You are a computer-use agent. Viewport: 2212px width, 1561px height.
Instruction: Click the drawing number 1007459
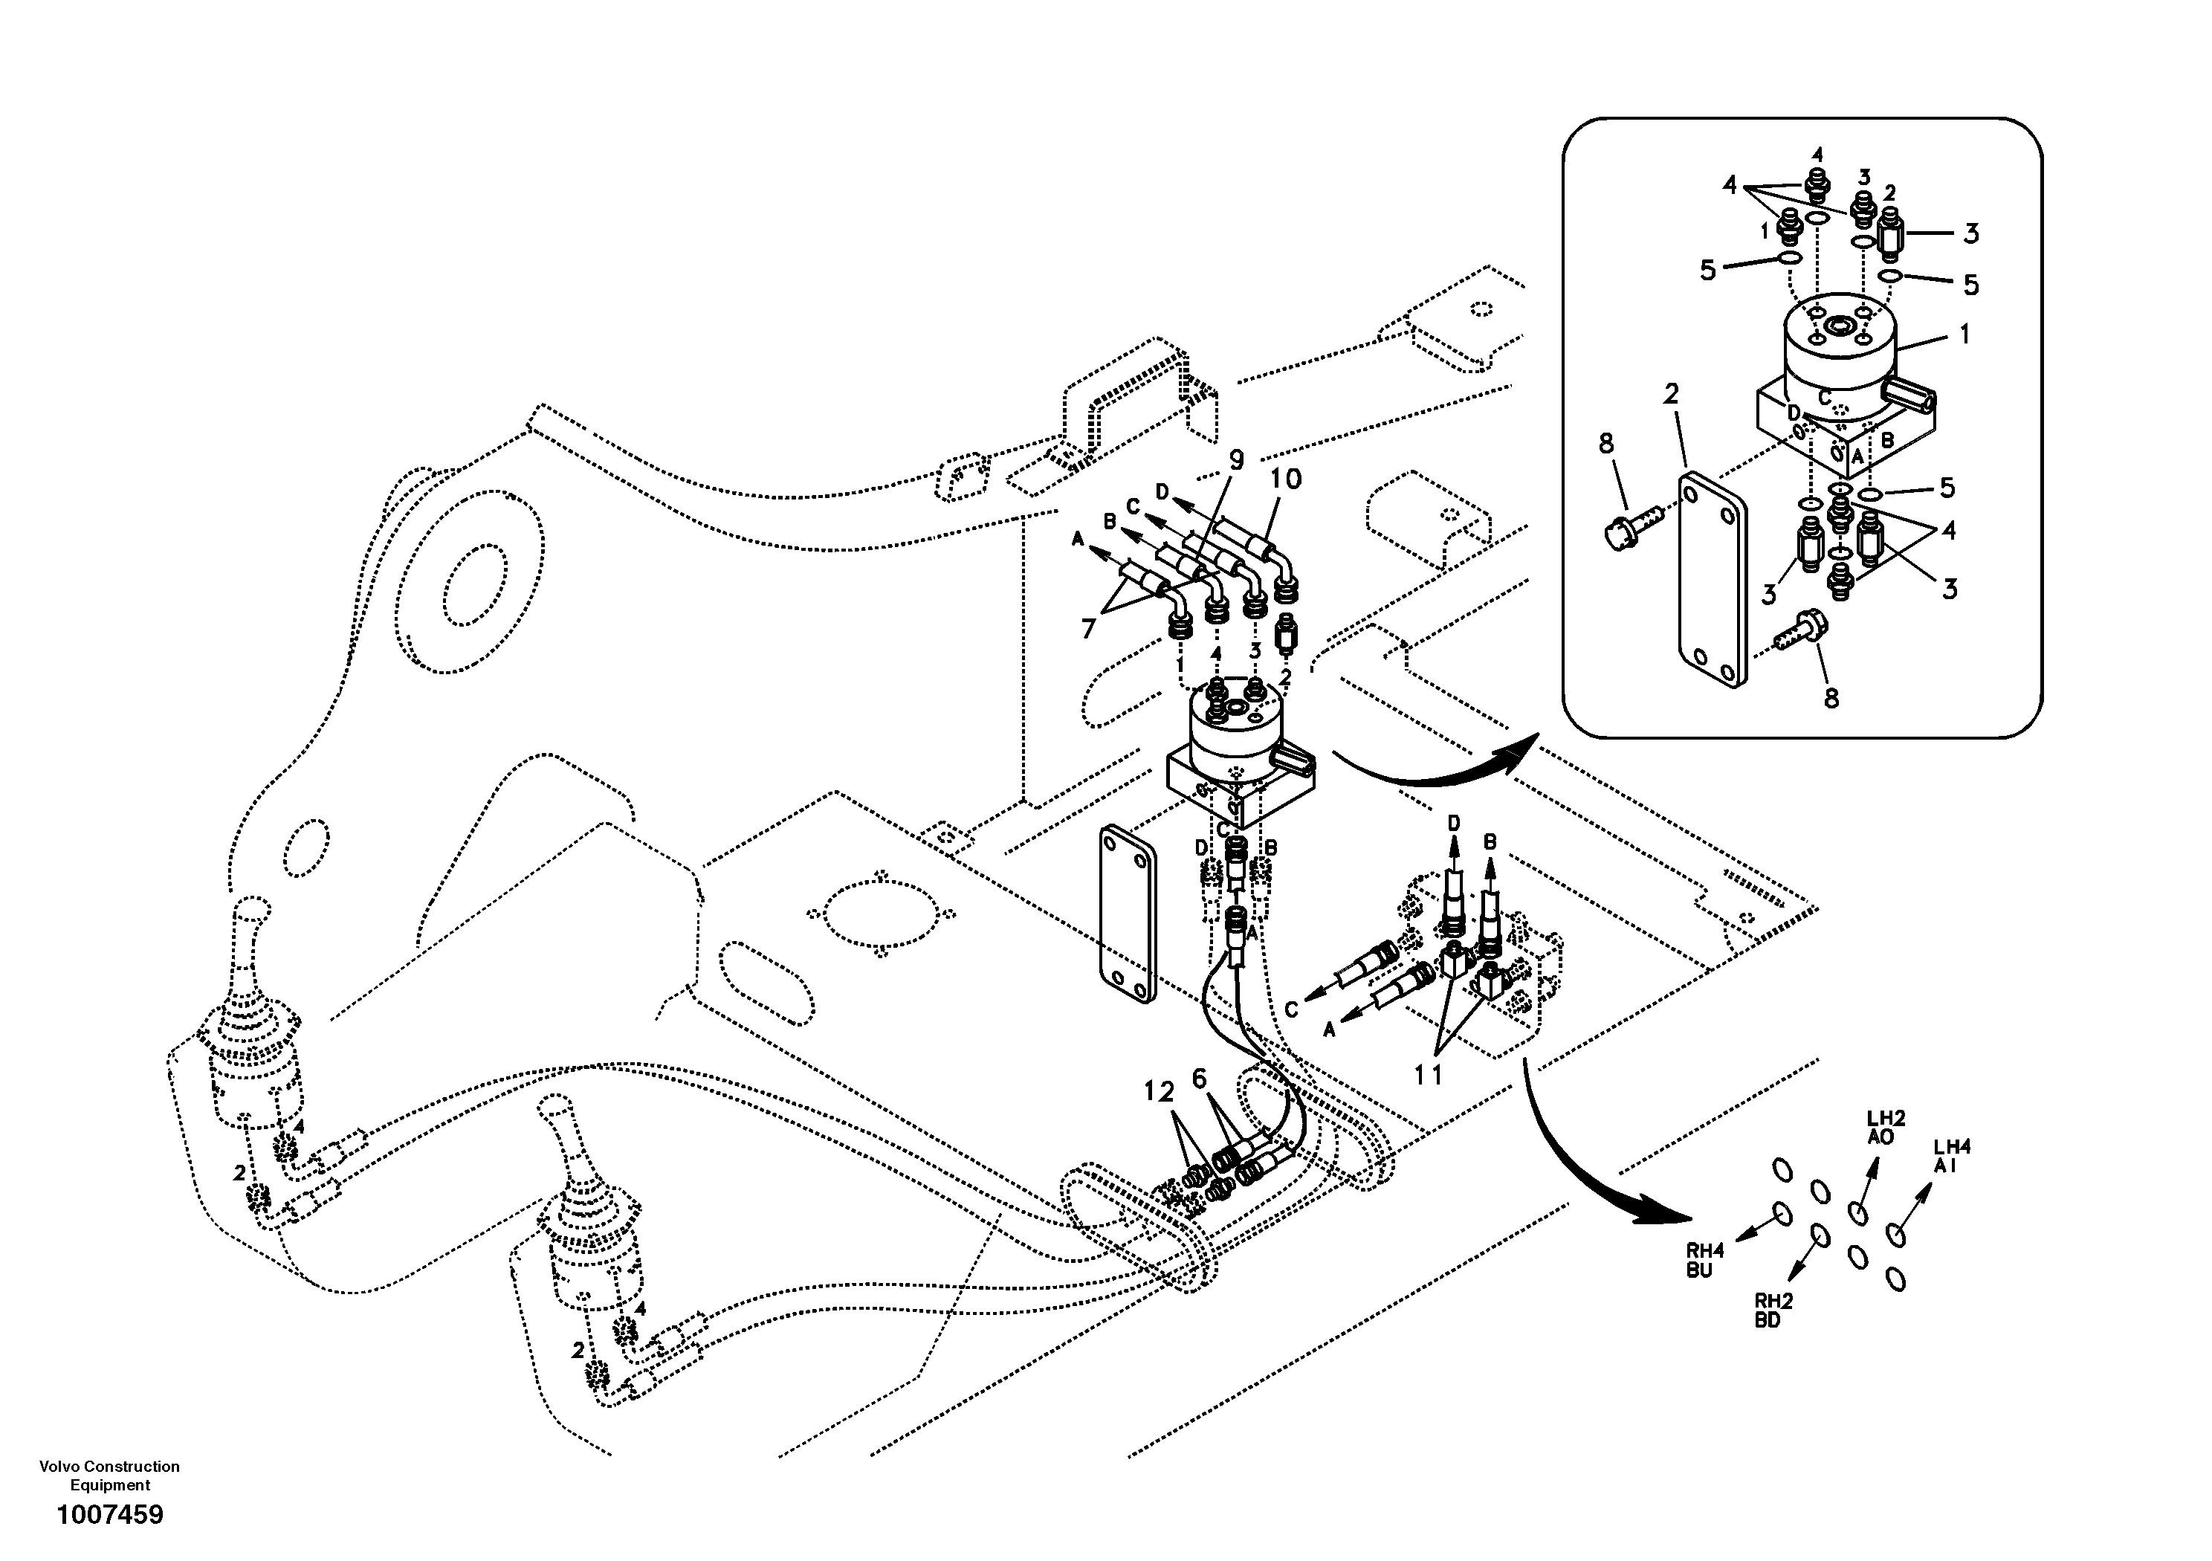(110, 1516)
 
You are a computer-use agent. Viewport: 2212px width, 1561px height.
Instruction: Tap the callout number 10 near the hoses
(1285, 479)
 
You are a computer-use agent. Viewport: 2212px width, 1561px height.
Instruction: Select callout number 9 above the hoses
(1236, 461)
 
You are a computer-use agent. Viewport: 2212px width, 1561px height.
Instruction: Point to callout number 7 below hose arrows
(1089, 629)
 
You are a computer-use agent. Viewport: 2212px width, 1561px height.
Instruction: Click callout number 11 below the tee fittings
(1428, 1074)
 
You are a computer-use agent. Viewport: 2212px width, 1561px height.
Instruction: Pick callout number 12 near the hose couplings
(1159, 1092)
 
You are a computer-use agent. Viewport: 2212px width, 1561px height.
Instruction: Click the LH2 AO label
(1886, 1128)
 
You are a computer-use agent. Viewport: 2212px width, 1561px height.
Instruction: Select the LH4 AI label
(1952, 1155)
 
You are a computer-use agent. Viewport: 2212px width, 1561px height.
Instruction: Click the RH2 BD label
(1773, 1310)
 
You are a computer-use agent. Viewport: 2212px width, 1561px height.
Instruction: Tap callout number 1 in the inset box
(1964, 334)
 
